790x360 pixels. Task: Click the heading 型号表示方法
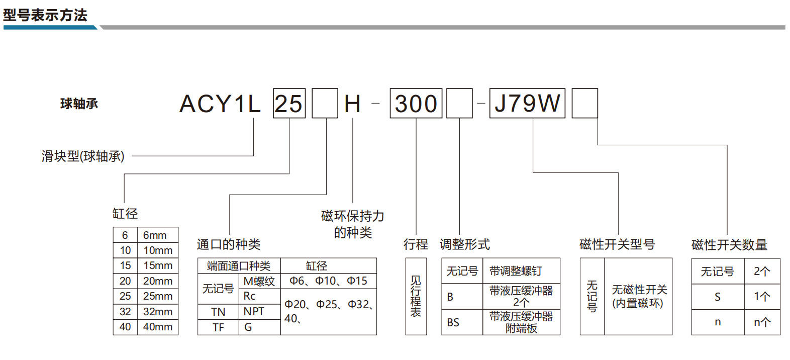tap(45, 15)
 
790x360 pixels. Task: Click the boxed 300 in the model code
tap(416, 104)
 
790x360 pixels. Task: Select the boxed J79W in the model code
tap(527, 104)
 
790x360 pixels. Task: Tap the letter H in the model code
tap(352, 104)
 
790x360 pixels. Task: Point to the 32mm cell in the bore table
tap(158, 312)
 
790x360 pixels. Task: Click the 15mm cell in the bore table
tap(158, 265)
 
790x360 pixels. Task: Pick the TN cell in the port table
tap(218, 312)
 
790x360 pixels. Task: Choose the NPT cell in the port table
tap(260, 312)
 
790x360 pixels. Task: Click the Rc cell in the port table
tap(260, 296)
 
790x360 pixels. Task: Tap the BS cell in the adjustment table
tap(462, 322)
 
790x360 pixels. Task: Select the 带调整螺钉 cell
tap(521, 271)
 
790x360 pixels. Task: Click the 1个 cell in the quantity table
tap(762, 297)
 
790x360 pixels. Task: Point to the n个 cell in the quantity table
tap(762, 322)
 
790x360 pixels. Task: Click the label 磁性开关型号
tap(617, 244)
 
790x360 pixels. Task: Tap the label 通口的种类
tap(229, 244)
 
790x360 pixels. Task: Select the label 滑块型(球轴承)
tap(83, 156)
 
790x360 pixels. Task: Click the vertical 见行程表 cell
tap(416, 297)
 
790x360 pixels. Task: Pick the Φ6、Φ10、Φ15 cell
tap(328, 281)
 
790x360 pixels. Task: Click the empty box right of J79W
tap(584, 104)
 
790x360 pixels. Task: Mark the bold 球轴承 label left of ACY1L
tap(79, 104)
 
